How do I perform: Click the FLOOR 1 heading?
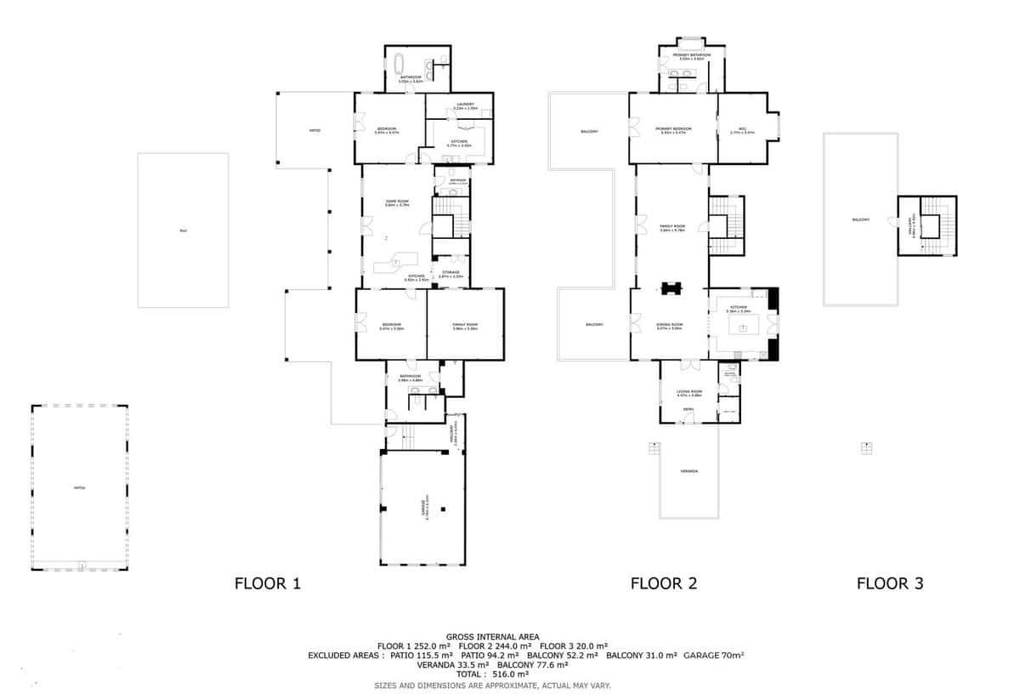(x=267, y=583)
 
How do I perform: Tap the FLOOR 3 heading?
(x=889, y=583)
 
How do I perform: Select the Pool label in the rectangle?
(x=183, y=230)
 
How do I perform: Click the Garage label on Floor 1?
(x=422, y=507)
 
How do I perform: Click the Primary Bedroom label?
(x=673, y=129)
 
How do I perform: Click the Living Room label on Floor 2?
(x=688, y=393)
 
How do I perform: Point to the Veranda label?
(x=689, y=471)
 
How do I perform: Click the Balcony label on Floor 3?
(x=860, y=219)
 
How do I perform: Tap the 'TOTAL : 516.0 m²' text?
(x=492, y=674)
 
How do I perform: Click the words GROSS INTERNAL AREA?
(x=492, y=636)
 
